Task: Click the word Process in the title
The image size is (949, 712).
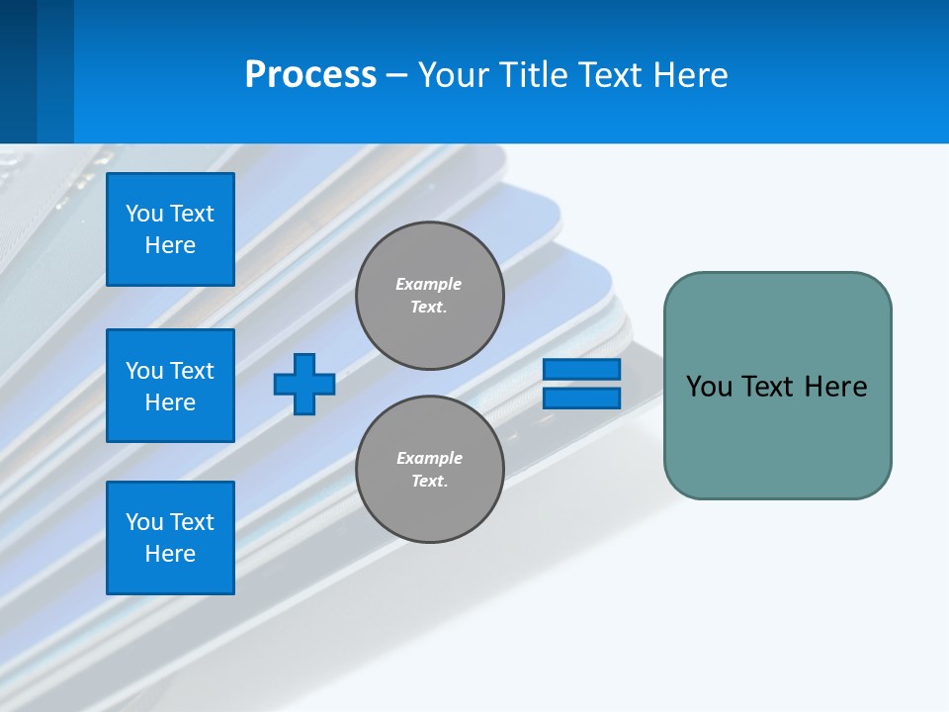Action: click(x=310, y=74)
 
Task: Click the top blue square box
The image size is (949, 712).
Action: click(x=170, y=229)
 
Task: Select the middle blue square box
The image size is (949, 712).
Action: click(x=170, y=386)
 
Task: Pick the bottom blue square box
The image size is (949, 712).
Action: click(x=170, y=538)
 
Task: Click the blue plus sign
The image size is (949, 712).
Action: click(x=304, y=384)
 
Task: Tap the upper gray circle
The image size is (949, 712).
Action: click(x=430, y=296)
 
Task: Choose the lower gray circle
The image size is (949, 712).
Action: click(x=430, y=470)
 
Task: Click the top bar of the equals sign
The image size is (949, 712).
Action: click(x=581, y=370)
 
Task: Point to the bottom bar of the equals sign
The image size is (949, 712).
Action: click(x=581, y=399)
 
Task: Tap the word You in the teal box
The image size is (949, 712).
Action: click(x=708, y=387)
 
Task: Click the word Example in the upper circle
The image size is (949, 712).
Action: click(x=429, y=284)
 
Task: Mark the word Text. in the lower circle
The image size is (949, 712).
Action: click(x=430, y=482)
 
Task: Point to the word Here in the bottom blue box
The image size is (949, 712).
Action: click(x=170, y=554)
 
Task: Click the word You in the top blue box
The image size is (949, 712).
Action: click(x=144, y=214)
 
